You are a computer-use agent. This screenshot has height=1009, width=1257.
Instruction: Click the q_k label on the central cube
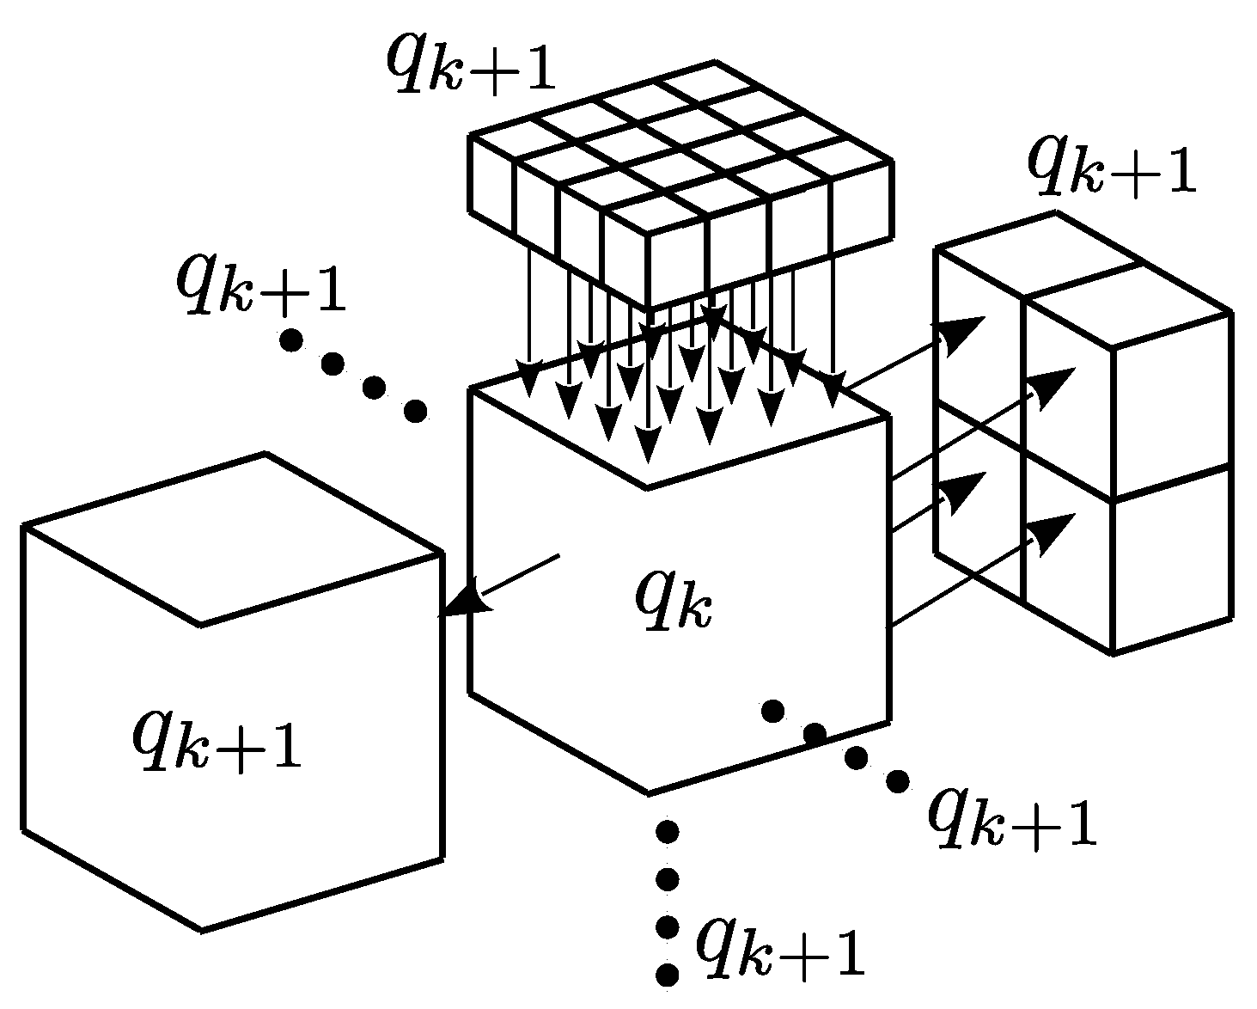(674, 599)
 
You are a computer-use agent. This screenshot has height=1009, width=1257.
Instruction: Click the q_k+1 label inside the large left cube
(217, 741)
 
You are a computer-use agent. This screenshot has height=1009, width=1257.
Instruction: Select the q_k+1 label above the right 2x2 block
(1112, 167)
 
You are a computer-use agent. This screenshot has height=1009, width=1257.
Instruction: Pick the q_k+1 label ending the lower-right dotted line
(1012, 817)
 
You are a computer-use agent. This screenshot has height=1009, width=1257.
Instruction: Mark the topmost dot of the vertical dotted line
(667, 831)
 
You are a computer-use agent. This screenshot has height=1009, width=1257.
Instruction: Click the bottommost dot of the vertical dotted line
(667, 975)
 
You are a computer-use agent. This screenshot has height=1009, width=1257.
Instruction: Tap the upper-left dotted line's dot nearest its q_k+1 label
(291, 341)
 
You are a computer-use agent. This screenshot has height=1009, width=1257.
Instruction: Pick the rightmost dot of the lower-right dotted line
(897, 781)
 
